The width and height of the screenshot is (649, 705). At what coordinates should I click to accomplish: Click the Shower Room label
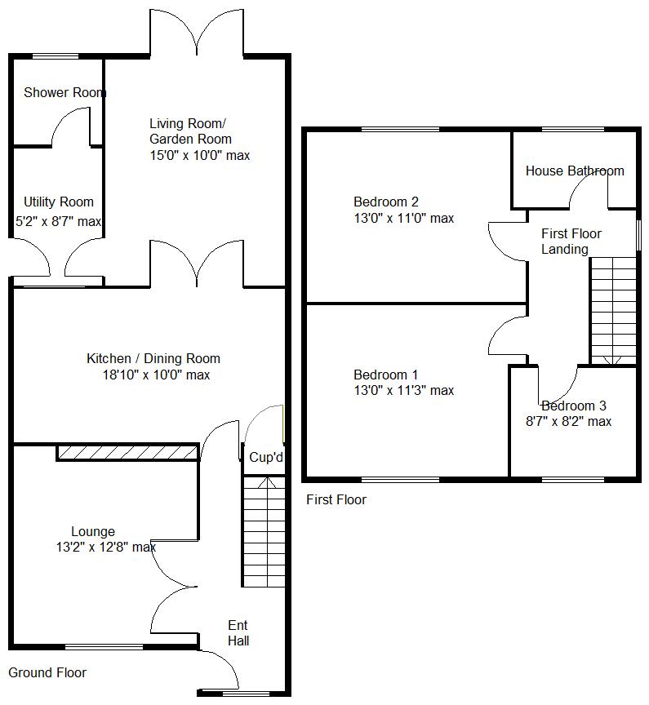[64, 92]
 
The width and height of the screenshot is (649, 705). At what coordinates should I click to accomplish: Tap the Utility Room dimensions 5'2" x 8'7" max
[59, 221]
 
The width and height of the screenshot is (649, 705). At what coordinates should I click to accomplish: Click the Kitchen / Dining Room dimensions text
[153, 375]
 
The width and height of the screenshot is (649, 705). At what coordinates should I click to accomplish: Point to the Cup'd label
[266, 458]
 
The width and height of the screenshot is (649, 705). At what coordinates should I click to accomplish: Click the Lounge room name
[93, 531]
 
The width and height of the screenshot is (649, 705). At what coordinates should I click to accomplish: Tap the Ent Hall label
[238, 633]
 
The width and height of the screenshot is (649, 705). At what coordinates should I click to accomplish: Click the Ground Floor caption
[47, 672]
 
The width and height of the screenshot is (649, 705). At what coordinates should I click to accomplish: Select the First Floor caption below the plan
[336, 499]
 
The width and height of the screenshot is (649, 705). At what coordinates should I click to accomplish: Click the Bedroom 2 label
[386, 202]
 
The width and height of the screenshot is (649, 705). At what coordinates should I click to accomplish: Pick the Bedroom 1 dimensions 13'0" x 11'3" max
[403, 391]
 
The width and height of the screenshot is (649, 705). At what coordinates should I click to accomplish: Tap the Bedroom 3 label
[574, 406]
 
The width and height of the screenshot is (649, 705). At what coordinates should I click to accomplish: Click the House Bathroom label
[575, 171]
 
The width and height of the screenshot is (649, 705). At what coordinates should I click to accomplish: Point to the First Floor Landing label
[571, 242]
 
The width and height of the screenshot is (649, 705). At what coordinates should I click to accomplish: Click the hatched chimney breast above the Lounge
[127, 453]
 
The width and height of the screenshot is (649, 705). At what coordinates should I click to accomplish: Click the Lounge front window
[104, 647]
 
